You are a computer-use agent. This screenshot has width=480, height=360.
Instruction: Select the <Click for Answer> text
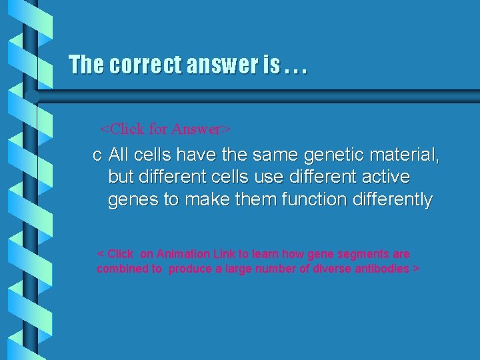coord(165,128)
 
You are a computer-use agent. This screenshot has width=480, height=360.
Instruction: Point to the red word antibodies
coord(384,269)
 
